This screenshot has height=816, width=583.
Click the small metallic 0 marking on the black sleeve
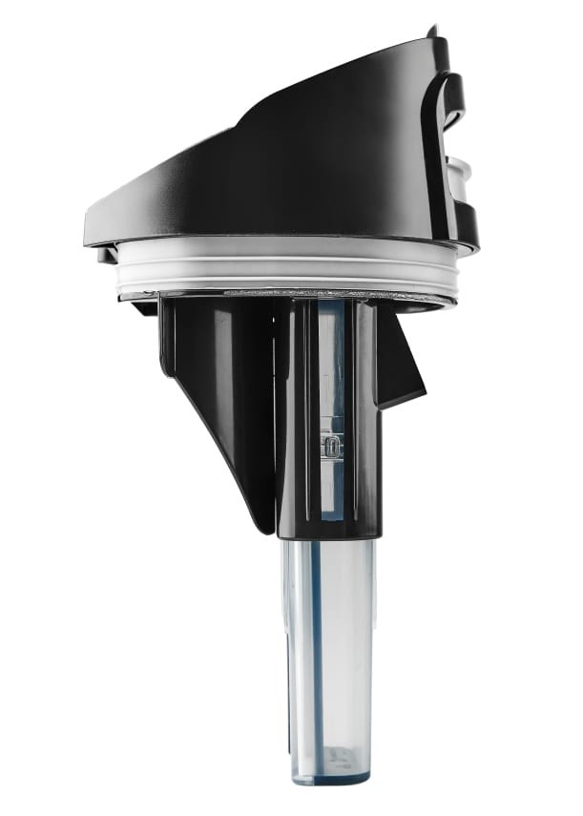click(x=330, y=446)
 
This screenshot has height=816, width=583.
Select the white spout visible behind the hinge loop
click(x=460, y=172)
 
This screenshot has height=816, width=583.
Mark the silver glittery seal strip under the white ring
click(x=286, y=292)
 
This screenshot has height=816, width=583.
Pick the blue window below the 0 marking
click(x=330, y=492)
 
